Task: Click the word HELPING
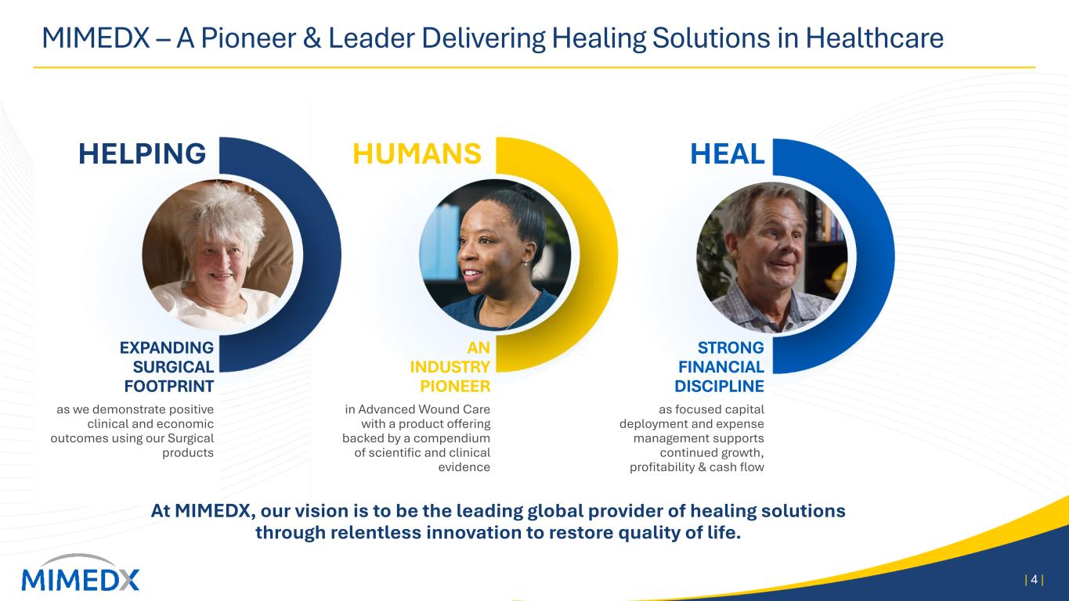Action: [143, 153]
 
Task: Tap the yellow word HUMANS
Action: [417, 153]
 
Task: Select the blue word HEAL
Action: [727, 153]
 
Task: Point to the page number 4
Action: [1035, 580]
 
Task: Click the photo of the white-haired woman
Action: [218, 254]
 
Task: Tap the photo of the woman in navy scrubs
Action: [495, 254]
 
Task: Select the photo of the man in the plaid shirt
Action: [772, 257]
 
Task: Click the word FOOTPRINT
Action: [169, 386]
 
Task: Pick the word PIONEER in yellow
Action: [455, 386]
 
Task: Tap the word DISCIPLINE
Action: [719, 386]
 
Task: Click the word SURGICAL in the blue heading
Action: [173, 367]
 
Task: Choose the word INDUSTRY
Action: [450, 367]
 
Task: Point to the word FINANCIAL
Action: [721, 367]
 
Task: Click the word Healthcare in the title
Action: [874, 38]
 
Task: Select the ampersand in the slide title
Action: [312, 38]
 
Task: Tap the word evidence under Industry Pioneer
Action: [464, 467]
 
